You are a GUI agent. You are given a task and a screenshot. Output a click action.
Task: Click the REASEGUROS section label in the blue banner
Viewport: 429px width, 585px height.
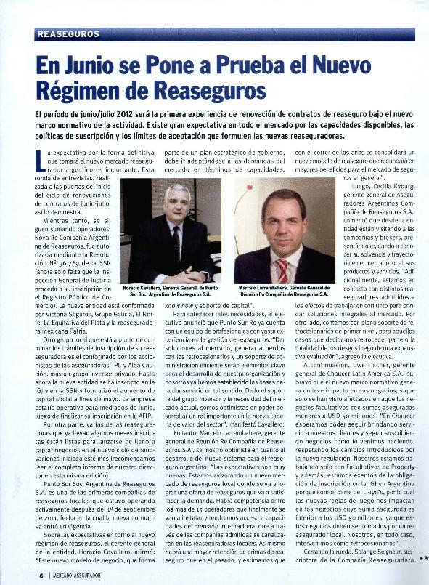[68, 34]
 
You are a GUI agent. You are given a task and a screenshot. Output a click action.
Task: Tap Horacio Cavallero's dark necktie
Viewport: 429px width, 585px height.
[176, 243]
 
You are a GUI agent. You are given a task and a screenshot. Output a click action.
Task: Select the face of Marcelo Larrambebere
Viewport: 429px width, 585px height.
[281, 217]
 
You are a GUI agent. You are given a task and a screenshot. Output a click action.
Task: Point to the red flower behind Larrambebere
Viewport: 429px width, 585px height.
[244, 190]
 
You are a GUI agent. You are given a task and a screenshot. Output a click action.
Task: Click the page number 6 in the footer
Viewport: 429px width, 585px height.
[41, 575]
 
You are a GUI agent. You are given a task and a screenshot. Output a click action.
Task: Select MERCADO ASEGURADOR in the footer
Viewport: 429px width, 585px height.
[87, 575]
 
